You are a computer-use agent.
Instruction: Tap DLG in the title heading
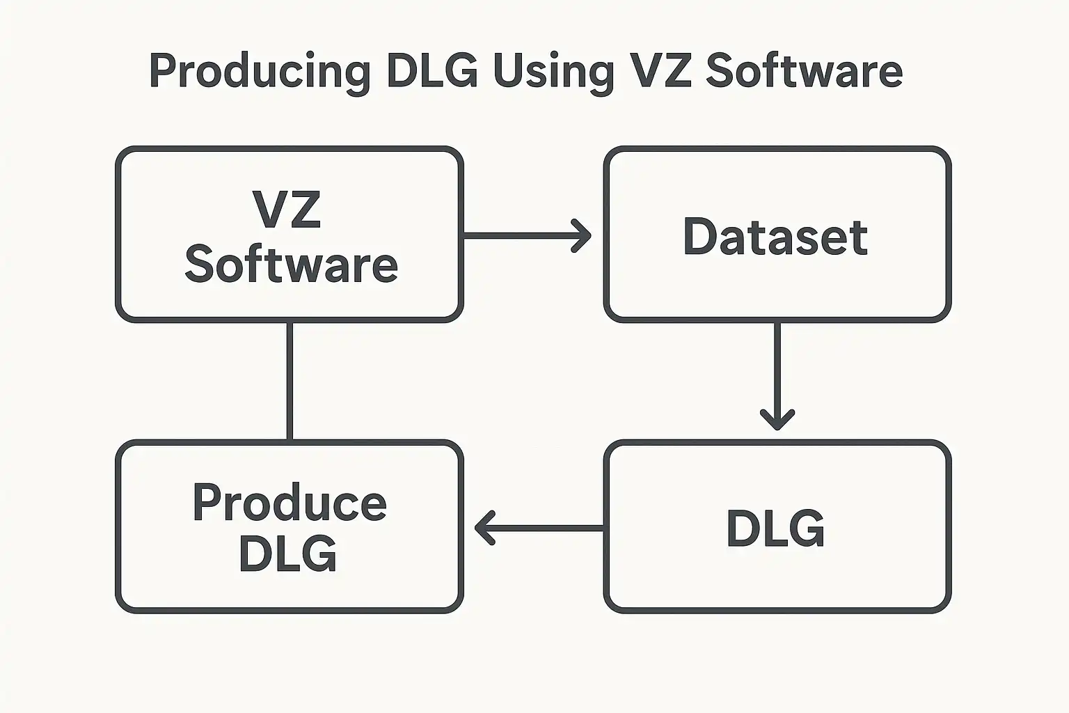click(x=431, y=71)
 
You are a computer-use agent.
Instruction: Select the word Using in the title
click(x=553, y=71)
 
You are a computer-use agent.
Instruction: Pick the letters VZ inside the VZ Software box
click(x=287, y=209)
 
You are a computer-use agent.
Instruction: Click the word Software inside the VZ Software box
click(x=291, y=265)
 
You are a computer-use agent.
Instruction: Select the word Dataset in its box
click(x=775, y=237)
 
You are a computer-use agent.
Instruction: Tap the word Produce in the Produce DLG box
click(x=290, y=503)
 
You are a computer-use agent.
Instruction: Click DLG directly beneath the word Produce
click(x=287, y=554)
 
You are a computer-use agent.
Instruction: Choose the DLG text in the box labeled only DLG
click(x=775, y=528)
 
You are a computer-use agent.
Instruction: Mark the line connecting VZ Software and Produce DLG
click(x=290, y=380)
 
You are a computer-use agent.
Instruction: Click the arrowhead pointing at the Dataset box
click(x=583, y=235)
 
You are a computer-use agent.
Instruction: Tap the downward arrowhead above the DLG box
click(x=777, y=419)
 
